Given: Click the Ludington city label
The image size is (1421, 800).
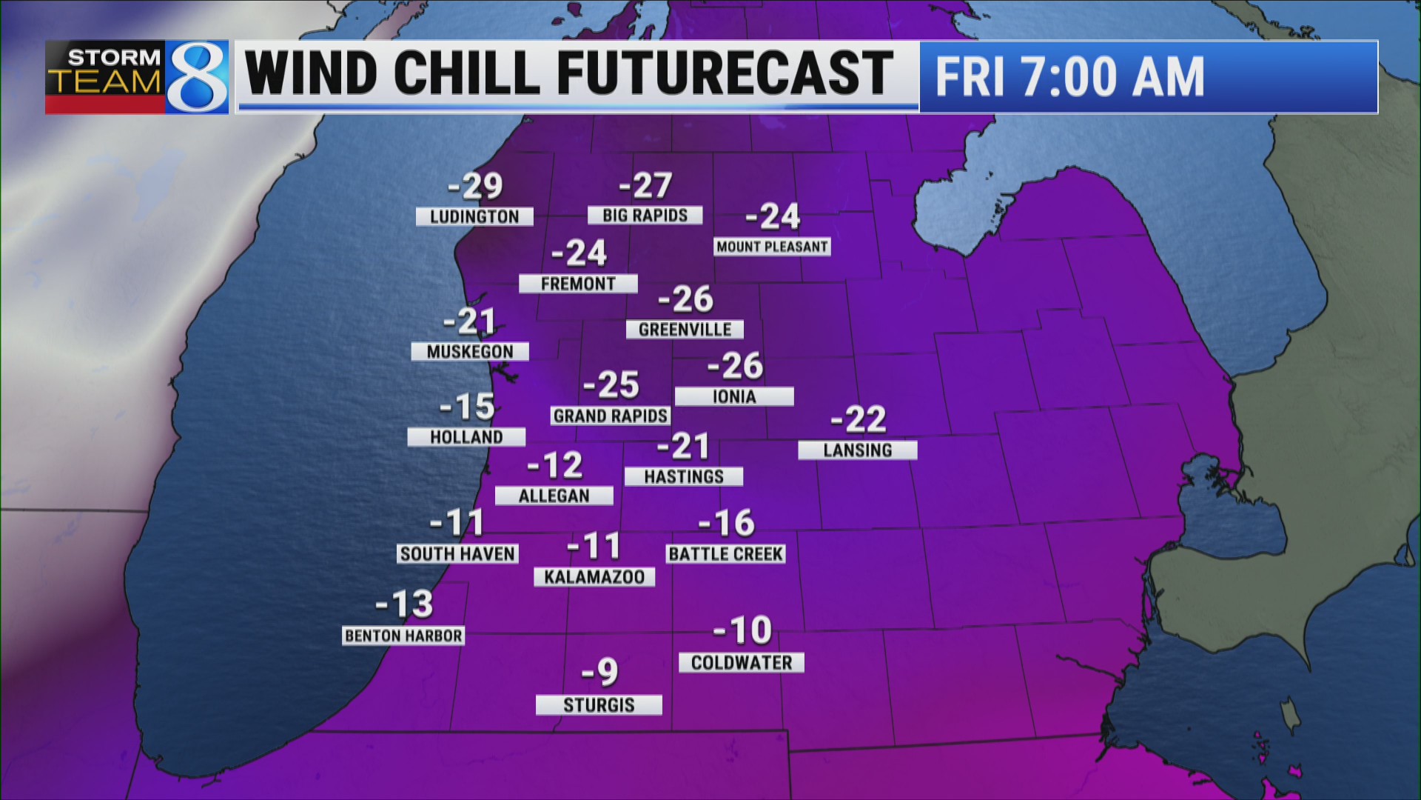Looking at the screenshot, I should click(x=474, y=216).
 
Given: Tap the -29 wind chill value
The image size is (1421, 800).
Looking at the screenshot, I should click(x=475, y=186).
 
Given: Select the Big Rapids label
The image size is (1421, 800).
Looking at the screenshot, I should click(x=645, y=215).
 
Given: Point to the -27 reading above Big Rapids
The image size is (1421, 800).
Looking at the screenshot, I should click(x=645, y=185).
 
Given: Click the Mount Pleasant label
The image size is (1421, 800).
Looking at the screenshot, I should click(x=772, y=247).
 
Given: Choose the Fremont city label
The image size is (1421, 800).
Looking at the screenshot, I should click(x=578, y=284).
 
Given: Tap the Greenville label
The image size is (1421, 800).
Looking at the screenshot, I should click(x=685, y=330).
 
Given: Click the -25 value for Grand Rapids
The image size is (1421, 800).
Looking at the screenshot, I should click(x=611, y=384).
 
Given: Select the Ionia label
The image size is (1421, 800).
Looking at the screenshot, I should click(x=734, y=397).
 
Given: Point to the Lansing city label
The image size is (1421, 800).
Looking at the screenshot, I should click(x=857, y=450).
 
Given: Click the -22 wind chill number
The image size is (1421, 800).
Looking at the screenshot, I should click(x=859, y=419).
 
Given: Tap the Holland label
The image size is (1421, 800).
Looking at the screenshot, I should click(x=466, y=437).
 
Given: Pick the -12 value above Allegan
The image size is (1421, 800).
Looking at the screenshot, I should click(x=555, y=465).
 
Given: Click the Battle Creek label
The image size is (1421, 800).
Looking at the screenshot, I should click(x=725, y=554).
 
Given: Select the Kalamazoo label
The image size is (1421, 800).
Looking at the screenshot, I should click(x=594, y=577).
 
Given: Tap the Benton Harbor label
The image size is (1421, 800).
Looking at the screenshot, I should click(x=403, y=636).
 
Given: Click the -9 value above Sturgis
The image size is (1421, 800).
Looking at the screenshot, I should click(x=599, y=672).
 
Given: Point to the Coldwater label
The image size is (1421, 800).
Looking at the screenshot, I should click(x=742, y=662).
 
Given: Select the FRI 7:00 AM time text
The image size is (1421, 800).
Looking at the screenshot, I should click(x=1069, y=77).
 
